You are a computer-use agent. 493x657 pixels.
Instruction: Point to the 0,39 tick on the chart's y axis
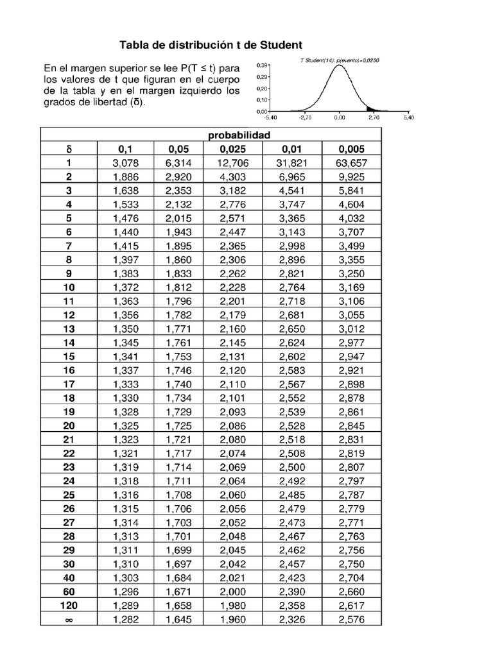point(262,65)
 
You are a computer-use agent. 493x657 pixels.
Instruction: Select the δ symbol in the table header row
point(69,149)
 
